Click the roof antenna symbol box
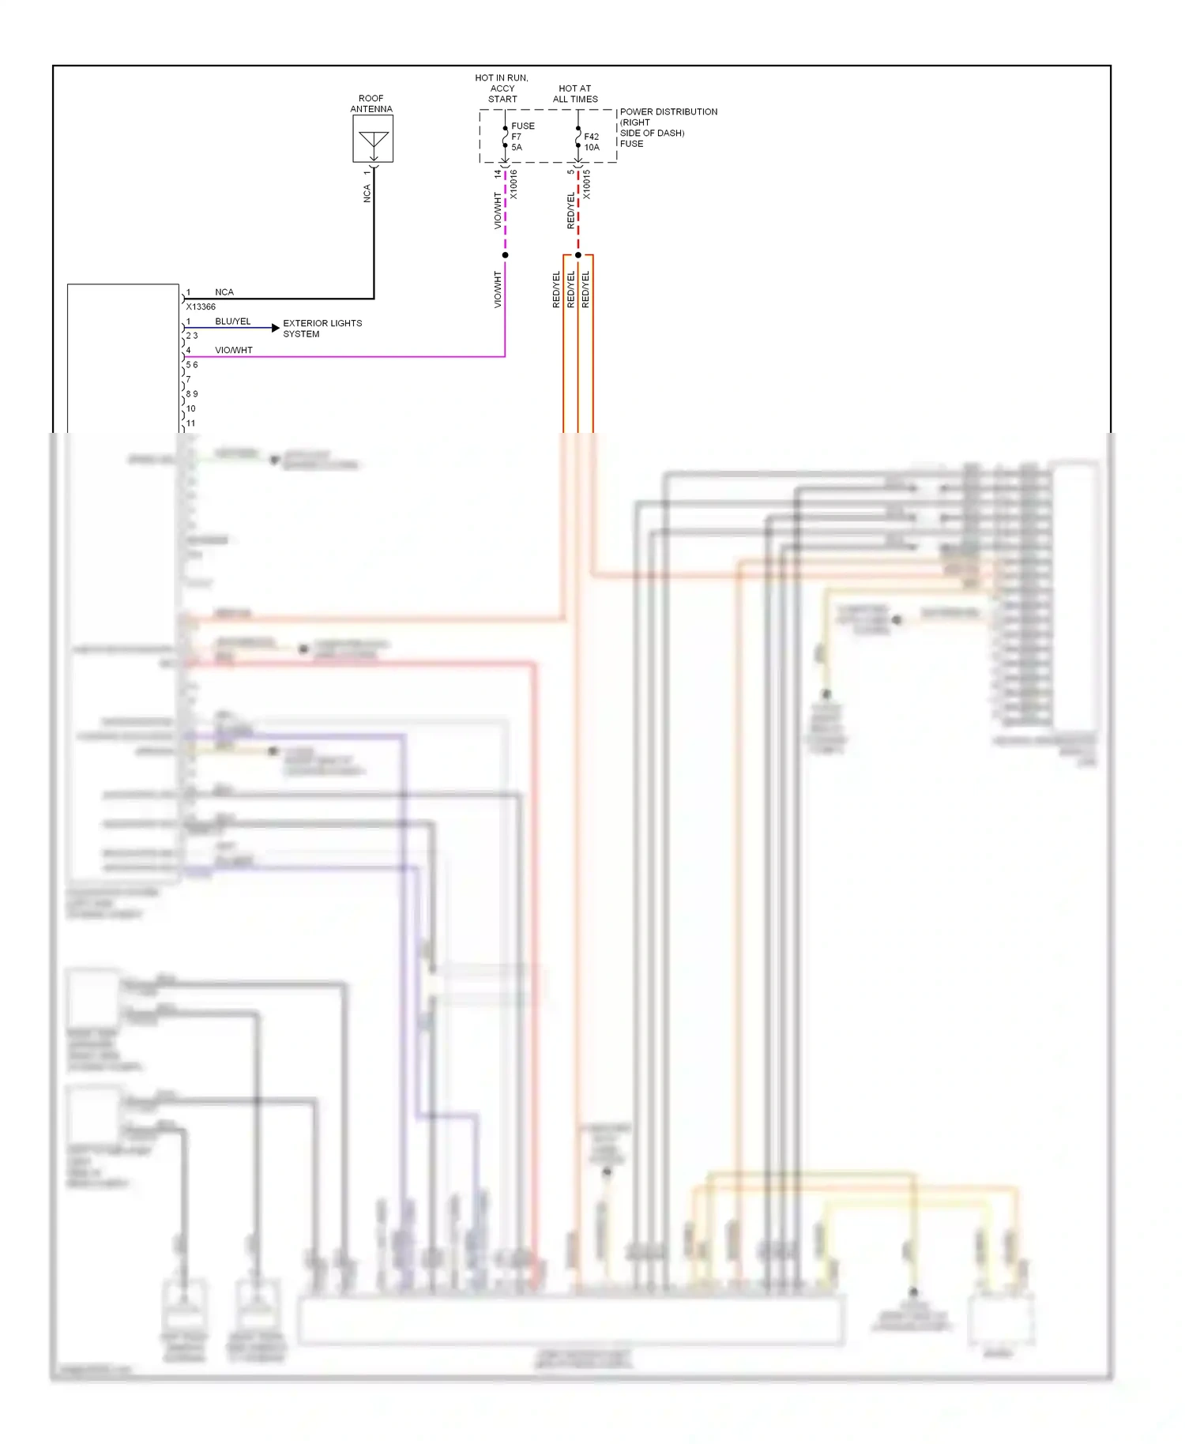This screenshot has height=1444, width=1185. click(x=373, y=139)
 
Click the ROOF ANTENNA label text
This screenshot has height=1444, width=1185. click(x=371, y=103)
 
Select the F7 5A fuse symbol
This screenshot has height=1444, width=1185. click(x=506, y=137)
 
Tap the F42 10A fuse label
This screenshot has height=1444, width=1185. click(x=592, y=142)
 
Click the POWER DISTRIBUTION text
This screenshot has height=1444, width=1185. click(x=668, y=112)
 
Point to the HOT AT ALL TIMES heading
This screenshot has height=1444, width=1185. click(x=575, y=94)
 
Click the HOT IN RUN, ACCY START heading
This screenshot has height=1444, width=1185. click(x=502, y=88)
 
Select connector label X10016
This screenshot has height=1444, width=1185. click(x=513, y=184)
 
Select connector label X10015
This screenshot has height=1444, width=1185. click(x=586, y=184)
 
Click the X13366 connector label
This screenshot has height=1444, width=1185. click(x=201, y=306)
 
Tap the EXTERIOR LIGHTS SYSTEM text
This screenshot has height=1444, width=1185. click(x=322, y=329)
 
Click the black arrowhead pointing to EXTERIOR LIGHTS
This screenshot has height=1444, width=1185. click(x=276, y=327)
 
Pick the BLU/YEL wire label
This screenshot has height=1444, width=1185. click(x=233, y=322)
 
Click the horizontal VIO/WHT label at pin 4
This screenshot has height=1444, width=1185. click(x=234, y=350)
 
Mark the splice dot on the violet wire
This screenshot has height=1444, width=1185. click(x=506, y=255)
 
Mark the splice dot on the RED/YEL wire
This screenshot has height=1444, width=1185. click(x=578, y=255)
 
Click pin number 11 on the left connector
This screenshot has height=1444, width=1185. click(x=190, y=423)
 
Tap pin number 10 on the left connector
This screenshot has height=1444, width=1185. click(x=190, y=408)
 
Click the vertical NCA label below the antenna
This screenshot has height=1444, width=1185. click(x=367, y=194)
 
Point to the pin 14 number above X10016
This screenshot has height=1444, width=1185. click(x=498, y=173)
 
